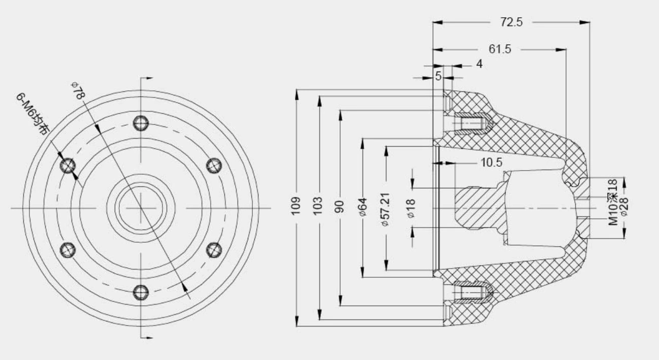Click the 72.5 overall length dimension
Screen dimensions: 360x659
coord(511,22)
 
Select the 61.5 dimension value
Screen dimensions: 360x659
coord(500,49)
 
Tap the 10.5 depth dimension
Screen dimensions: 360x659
coord(491,162)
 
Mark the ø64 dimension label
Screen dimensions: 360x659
coord(363,207)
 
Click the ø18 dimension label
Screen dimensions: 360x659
coord(411,208)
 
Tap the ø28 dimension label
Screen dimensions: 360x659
coord(624,207)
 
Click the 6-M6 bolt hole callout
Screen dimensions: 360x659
coord(32,114)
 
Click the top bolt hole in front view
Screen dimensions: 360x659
coord(141,123)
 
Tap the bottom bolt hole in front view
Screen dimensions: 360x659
coord(141,292)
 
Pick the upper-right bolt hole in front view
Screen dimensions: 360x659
coord(214,166)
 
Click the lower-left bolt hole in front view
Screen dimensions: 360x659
coord(68,249)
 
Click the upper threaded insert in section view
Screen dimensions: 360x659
coord(469,123)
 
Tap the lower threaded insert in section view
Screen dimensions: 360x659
coord(469,292)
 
